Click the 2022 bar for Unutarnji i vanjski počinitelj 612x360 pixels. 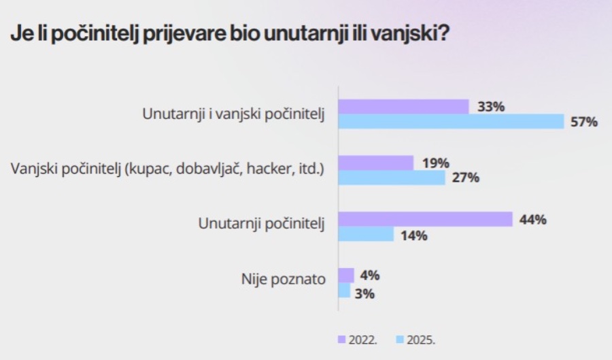click(403, 107)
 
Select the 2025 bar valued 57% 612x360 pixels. click(451, 122)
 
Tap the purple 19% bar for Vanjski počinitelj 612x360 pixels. click(375, 163)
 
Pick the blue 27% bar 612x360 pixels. click(391, 178)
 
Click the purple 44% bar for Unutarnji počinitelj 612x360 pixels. click(425, 219)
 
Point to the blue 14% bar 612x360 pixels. click(366, 235)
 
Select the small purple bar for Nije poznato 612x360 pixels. click(346, 275)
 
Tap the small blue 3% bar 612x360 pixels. click(344, 291)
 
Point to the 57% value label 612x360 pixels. click(583, 122)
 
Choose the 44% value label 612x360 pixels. click(532, 220)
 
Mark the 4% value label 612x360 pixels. click(369, 276)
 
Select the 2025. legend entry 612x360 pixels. click(415, 338)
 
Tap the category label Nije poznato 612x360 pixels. click(284, 278)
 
